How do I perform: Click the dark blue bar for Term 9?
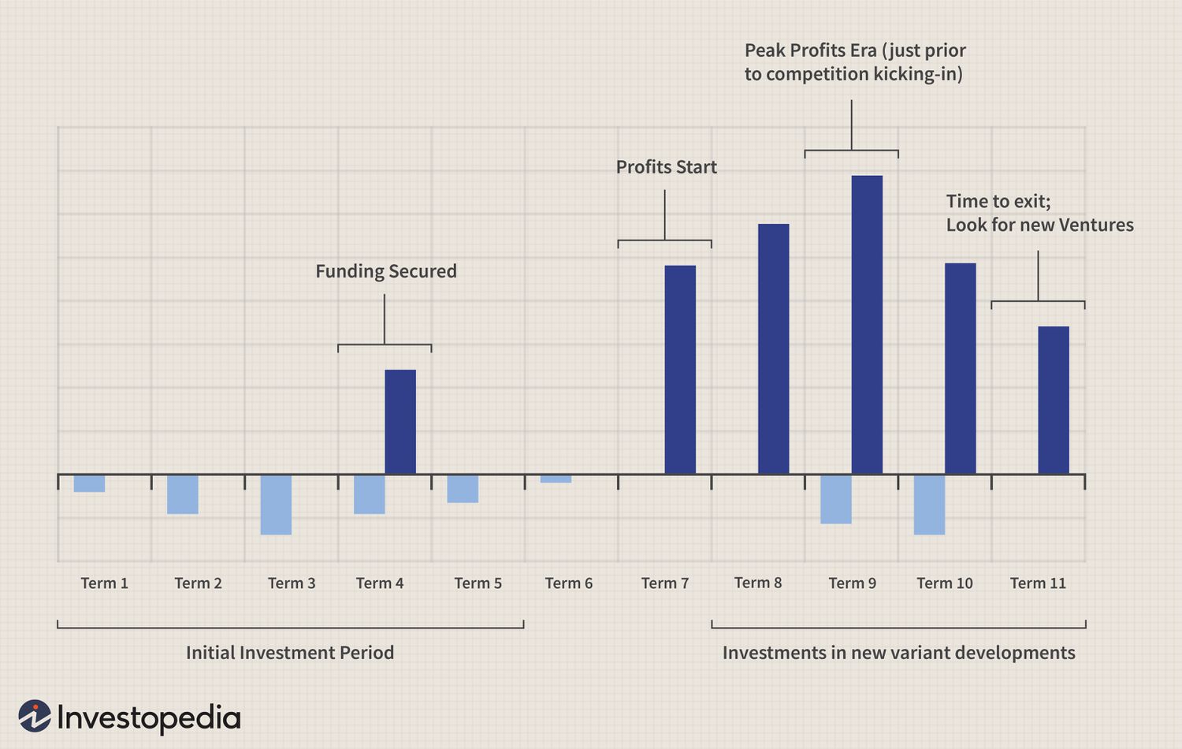tap(867, 324)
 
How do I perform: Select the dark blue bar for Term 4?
tap(400, 422)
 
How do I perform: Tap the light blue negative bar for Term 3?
tap(276, 505)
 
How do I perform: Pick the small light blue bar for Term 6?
tap(556, 479)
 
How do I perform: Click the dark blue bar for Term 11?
tap(1054, 400)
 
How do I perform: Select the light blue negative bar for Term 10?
tap(929, 505)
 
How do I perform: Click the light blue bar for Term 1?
tap(89, 483)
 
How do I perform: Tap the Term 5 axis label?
tap(478, 583)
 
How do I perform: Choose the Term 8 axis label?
tap(758, 583)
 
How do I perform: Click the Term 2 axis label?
tap(198, 583)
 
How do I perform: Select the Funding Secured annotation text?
tap(386, 271)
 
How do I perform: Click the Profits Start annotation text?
tap(667, 167)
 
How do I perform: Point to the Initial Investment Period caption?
tap(290, 653)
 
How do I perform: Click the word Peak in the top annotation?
tap(764, 50)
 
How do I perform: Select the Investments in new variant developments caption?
tap(898, 653)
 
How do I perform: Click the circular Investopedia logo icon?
tap(35, 716)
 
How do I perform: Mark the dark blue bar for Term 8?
tap(774, 348)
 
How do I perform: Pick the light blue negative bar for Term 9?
tap(836, 499)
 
